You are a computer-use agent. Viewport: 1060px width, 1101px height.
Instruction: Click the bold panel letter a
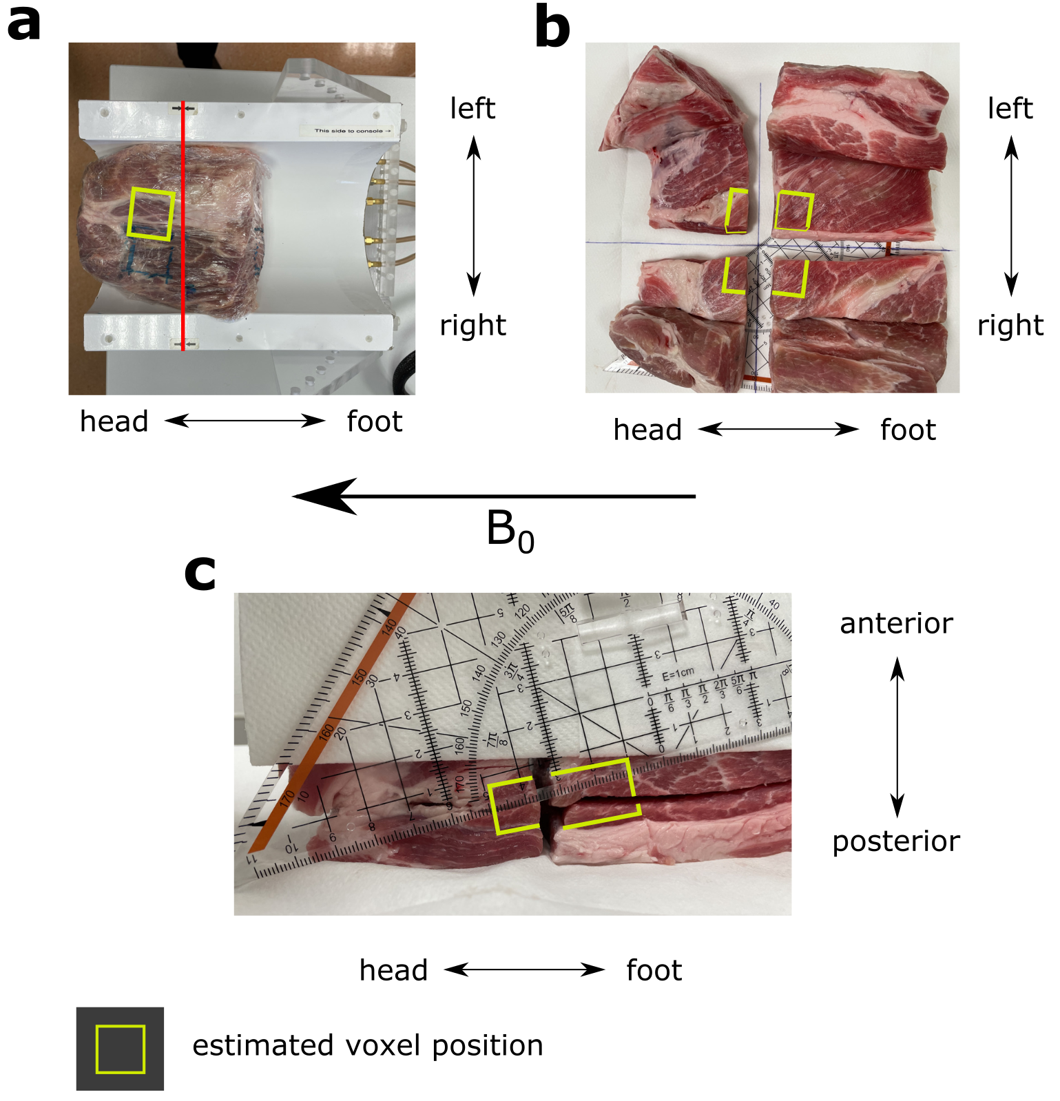pyautogui.click(x=23, y=23)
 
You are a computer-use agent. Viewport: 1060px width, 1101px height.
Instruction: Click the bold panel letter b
pyautogui.click(x=552, y=28)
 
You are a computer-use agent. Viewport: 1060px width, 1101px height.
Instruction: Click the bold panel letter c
pyautogui.click(x=200, y=574)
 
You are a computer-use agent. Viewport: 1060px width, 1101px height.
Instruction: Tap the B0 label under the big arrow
pyautogui.click(x=510, y=531)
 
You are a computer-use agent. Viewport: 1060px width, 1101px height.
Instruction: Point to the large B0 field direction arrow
pyautogui.click(x=493, y=496)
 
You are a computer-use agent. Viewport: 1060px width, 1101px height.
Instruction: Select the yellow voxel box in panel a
pyautogui.click(x=151, y=214)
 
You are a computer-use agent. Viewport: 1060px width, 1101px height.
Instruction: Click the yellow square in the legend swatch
pyautogui.click(x=121, y=1049)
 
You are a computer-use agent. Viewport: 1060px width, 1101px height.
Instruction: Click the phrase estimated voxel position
pyautogui.click(x=368, y=1045)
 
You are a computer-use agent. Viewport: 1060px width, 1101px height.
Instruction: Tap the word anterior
pyautogui.click(x=896, y=623)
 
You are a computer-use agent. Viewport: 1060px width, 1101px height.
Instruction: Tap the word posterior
pyautogui.click(x=896, y=841)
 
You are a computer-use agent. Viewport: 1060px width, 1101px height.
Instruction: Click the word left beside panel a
pyautogui.click(x=472, y=109)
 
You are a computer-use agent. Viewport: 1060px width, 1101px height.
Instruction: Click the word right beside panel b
pyautogui.click(x=1010, y=325)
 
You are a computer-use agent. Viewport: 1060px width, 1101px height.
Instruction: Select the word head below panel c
pyautogui.click(x=393, y=970)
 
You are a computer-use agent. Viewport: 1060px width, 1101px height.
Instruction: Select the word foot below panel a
pyautogui.click(x=374, y=421)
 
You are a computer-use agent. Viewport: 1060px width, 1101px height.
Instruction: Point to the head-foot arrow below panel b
pyautogui.click(x=778, y=430)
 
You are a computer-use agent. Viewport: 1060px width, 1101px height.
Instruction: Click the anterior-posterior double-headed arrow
pyautogui.click(x=897, y=737)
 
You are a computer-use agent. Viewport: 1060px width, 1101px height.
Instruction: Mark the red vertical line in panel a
pyautogui.click(x=183, y=227)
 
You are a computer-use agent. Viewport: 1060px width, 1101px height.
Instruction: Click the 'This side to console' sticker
pyautogui.click(x=352, y=130)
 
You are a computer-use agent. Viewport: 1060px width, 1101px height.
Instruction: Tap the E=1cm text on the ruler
pyautogui.click(x=678, y=674)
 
